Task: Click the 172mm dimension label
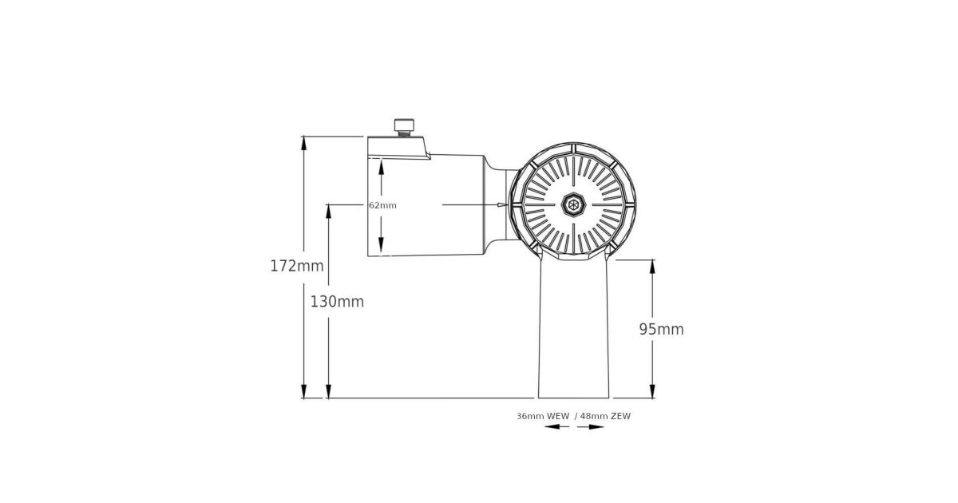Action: coord(297,266)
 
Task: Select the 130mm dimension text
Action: coord(337,302)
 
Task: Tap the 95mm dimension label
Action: coord(661,329)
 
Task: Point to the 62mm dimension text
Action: coord(382,205)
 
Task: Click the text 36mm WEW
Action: coord(543,416)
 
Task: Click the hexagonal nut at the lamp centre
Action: coord(573,205)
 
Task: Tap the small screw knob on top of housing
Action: coord(404,127)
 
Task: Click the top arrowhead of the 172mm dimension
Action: coord(303,143)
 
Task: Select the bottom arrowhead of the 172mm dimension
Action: coord(303,391)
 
